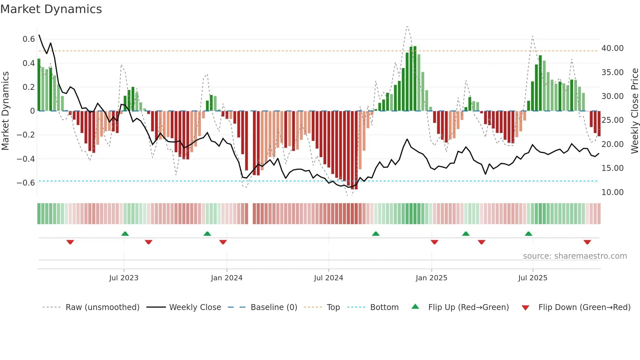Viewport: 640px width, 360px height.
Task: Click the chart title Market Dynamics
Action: tap(51, 9)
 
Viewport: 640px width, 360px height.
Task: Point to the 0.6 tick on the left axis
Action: tap(29, 39)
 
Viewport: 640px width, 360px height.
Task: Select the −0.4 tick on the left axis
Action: tap(26, 159)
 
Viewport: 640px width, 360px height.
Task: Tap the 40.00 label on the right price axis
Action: tap(612, 48)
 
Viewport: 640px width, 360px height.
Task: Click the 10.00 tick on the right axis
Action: tap(612, 192)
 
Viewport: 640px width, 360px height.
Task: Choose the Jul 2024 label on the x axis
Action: tap(328, 278)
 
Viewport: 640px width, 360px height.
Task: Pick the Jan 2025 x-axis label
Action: tap(431, 278)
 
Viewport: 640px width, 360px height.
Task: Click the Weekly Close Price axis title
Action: tap(634, 111)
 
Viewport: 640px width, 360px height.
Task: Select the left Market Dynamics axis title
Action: tap(5, 111)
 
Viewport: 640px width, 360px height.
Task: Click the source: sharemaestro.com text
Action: tap(575, 256)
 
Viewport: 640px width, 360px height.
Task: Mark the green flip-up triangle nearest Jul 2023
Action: tap(125, 234)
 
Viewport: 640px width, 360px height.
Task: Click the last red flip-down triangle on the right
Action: tap(587, 242)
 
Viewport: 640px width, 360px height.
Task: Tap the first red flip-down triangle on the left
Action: tap(70, 242)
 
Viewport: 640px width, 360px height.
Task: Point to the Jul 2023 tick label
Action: tap(124, 278)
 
